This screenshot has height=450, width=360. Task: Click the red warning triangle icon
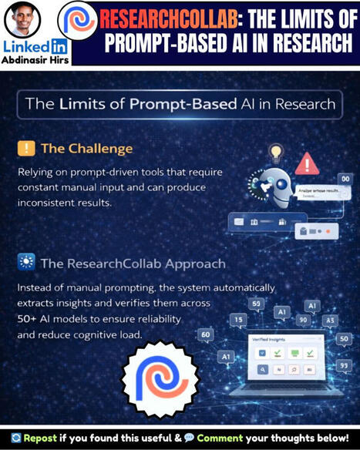(x=307, y=163)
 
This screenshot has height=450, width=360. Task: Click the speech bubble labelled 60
(x=206, y=334)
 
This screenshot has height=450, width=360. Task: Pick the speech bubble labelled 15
(x=239, y=319)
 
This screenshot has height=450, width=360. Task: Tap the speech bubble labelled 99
(x=343, y=364)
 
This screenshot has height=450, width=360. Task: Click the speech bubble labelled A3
(x=330, y=320)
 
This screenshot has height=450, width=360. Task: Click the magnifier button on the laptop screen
(x=263, y=370)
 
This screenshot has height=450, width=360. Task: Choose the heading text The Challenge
(x=86, y=149)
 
